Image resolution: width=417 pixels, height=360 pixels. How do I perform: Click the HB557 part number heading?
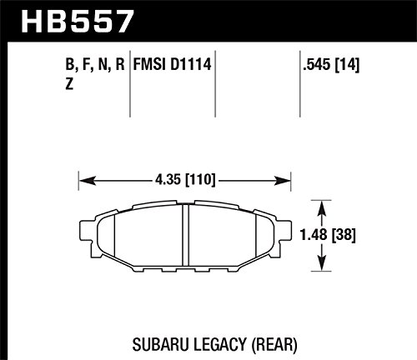78,22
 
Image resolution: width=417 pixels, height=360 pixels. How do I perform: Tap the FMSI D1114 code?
173,64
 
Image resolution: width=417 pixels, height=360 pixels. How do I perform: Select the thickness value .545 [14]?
331,65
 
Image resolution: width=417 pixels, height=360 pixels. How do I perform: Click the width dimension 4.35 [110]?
185,180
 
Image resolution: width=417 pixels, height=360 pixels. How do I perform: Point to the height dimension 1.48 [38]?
328,235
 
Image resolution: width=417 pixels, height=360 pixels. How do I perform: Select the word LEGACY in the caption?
219,344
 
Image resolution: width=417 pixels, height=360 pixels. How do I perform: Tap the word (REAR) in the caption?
274,345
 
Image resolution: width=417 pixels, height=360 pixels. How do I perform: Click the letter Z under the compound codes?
69,83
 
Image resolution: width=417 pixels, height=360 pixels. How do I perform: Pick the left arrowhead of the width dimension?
88,181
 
